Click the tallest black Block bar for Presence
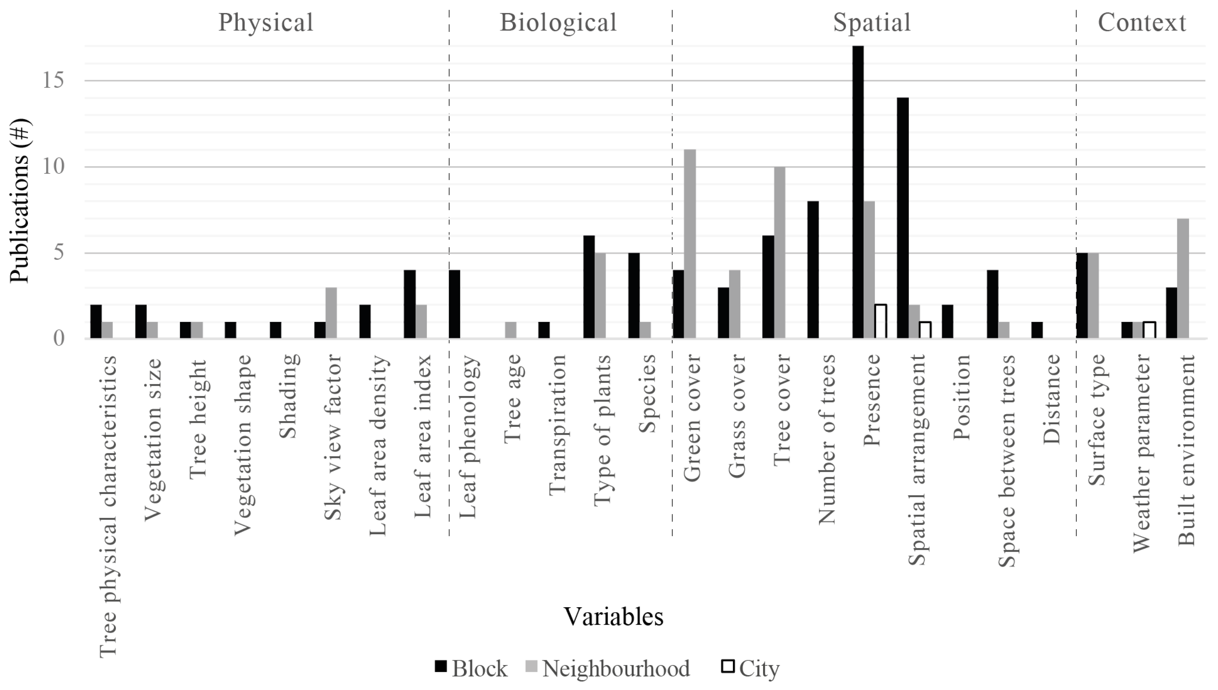click(858, 192)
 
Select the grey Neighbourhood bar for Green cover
click(690, 244)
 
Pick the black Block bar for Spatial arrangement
click(903, 218)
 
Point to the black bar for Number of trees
click(813, 270)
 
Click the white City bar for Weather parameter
click(1149, 330)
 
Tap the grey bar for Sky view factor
click(331, 313)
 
